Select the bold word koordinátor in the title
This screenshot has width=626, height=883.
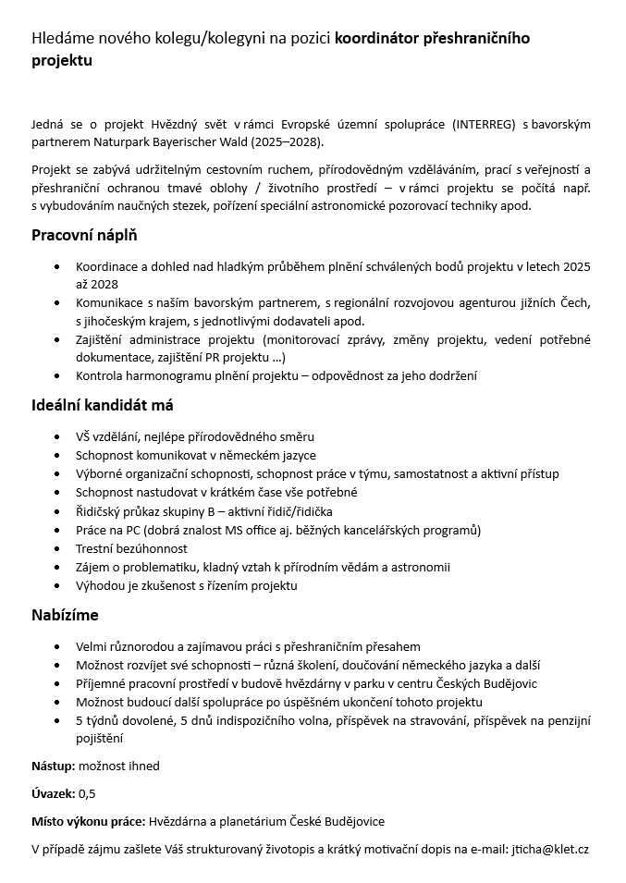(376, 39)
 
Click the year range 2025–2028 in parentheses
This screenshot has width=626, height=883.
(288, 143)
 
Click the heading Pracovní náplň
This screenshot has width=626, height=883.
(84, 235)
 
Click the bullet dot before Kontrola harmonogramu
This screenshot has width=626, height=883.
(60, 375)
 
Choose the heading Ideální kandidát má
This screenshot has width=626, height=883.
(103, 405)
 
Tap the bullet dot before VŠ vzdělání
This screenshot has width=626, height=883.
(60, 436)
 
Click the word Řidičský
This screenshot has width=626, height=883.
(102, 511)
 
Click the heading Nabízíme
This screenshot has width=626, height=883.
(65, 615)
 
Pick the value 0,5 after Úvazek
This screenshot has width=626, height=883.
(87, 793)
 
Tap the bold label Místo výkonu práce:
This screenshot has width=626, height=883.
(88, 821)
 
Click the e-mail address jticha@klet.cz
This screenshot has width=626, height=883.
(550, 849)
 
